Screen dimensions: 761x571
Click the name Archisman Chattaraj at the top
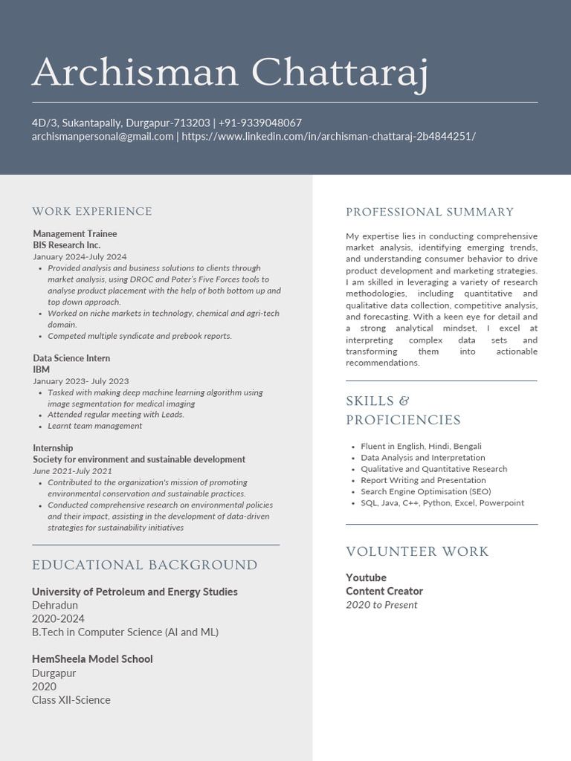click(x=230, y=72)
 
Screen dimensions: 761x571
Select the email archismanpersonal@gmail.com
click(x=103, y=137)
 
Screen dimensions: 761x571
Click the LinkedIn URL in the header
click(x=329, y=137)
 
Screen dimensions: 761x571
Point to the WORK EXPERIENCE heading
click(x=92, y=212)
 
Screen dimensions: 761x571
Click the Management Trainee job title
click(x=75, y=233)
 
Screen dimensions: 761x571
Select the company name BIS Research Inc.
click(x=66, y=245)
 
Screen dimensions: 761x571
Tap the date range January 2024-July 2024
click(x=80, y=256)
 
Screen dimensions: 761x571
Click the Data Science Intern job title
click(x=71, y=358)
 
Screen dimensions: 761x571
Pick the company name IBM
click(x=41, y=369)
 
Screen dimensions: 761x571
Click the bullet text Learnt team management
click(x=95, y=426)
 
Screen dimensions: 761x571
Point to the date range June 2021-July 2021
click(x=72, y=471)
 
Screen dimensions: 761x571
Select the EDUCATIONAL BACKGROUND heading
click(x=145, y=566)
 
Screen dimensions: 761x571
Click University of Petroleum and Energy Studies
click(x=135, y=592)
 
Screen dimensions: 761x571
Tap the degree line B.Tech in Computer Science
click(x=125, y=632)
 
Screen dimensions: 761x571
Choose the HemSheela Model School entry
click(x=92, y=659)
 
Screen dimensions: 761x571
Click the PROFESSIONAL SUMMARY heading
click(x=430, y=213)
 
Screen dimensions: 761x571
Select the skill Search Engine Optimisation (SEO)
click(x=416, y=492)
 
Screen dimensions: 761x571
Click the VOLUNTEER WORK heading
click(x=417, y=552)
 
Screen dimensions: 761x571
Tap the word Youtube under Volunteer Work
click(x=366, y=578)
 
